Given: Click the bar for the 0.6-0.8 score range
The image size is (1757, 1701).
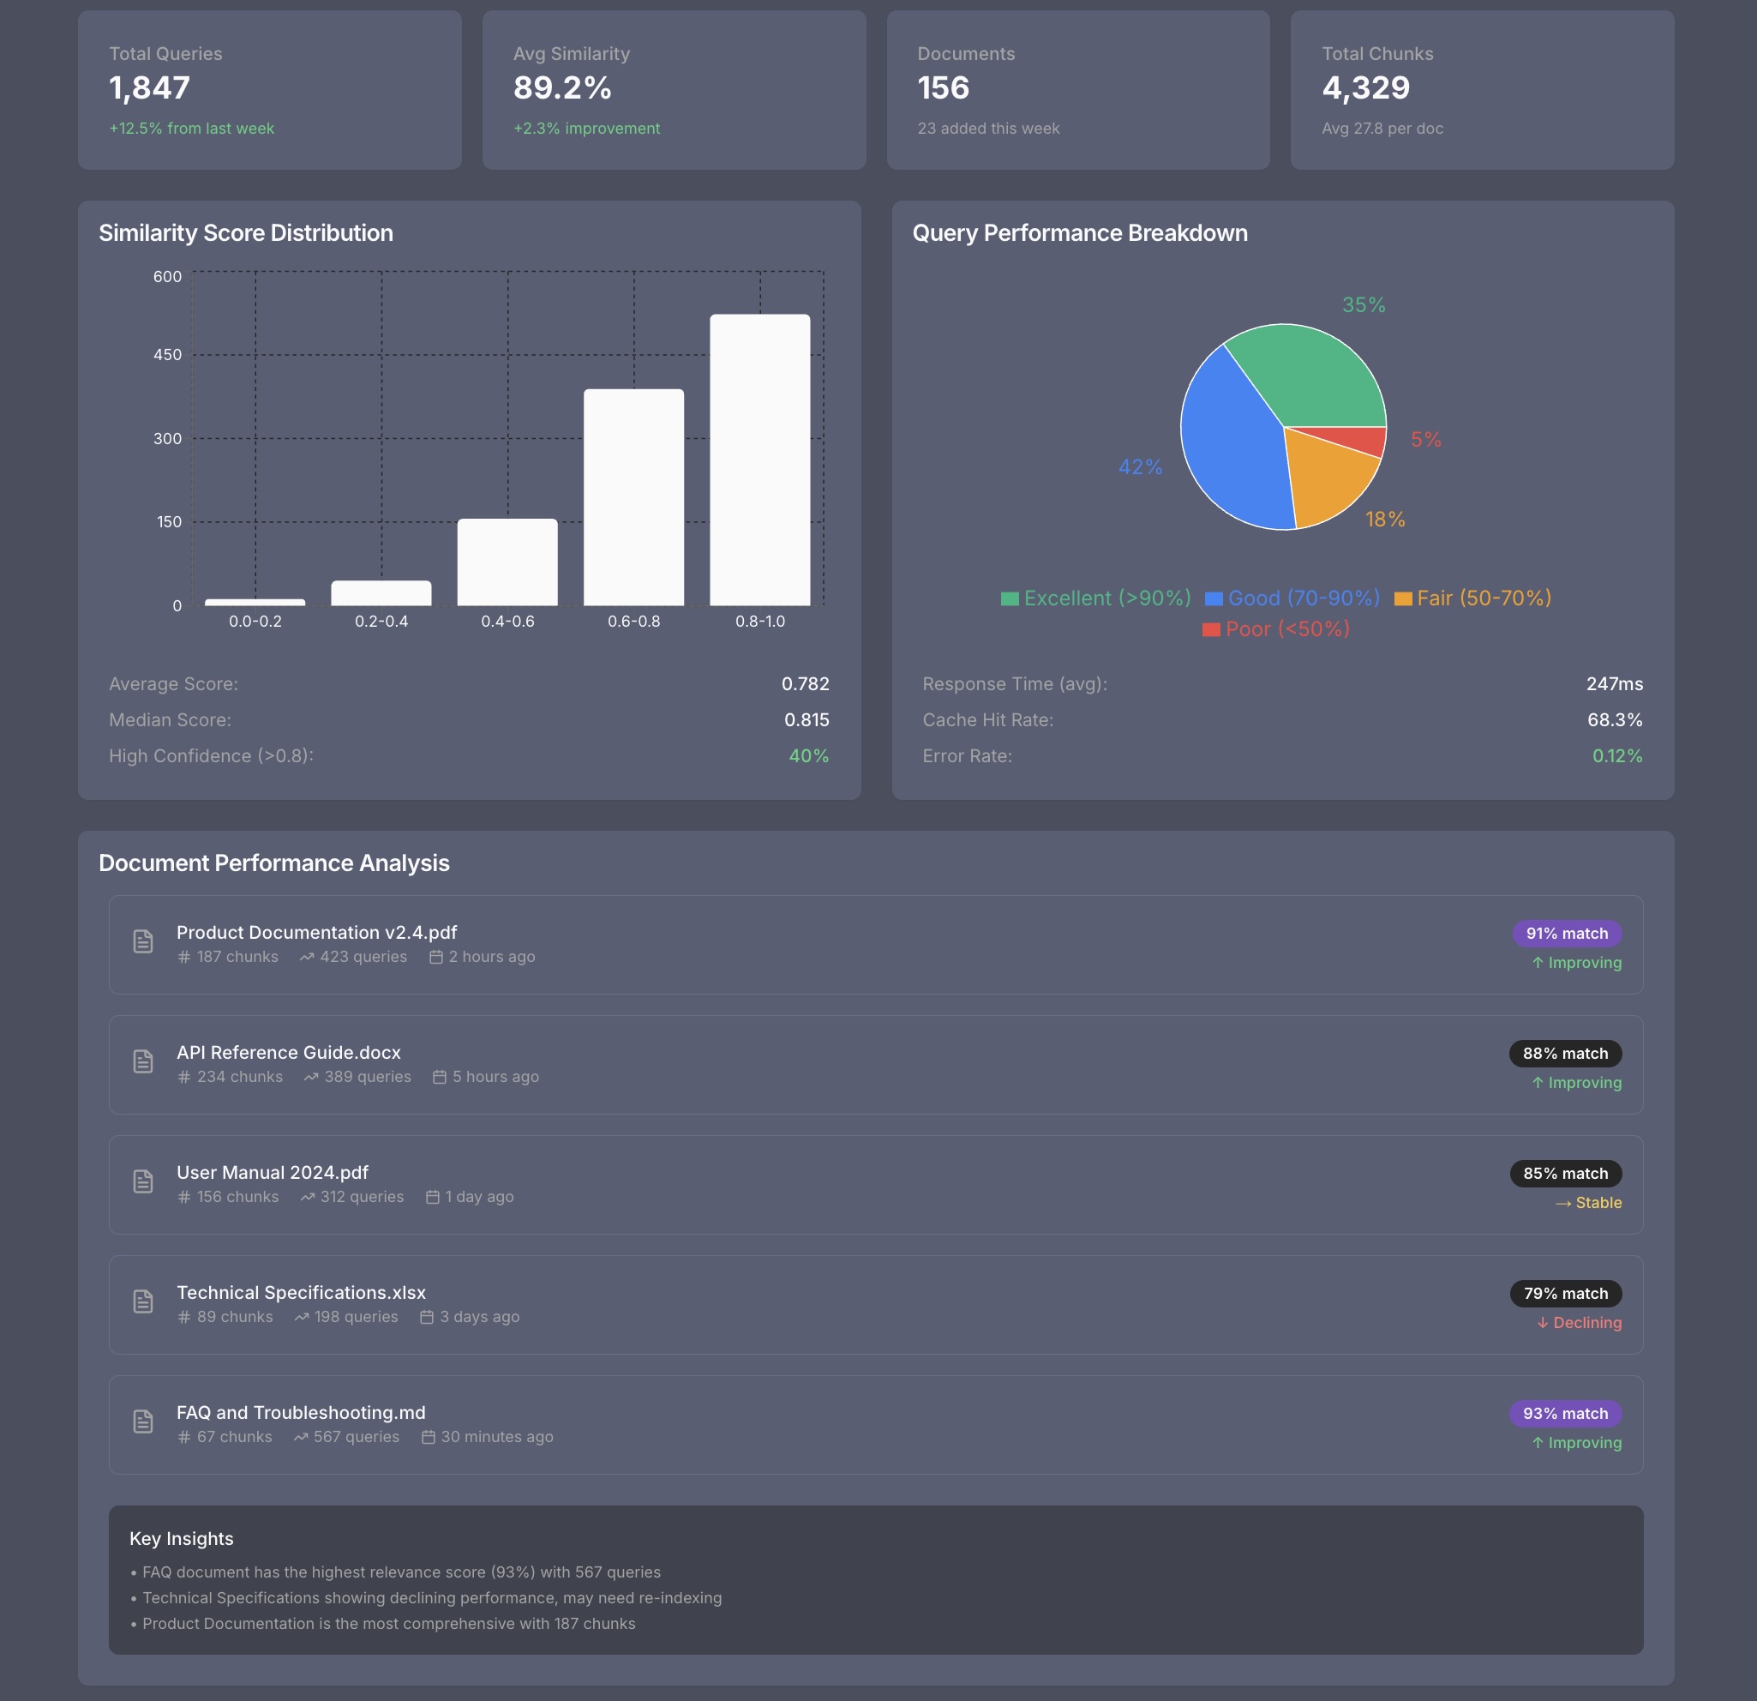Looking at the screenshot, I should (x=633, y=496).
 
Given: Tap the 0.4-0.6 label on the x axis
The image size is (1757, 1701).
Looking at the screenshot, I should (x=507, y=622).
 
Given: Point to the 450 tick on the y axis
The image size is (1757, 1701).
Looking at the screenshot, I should (x=168, y=355).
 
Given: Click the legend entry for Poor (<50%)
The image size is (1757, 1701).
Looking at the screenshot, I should (x=1275, y=629).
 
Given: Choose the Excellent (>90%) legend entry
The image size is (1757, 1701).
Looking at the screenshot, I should (x=1095, y=598).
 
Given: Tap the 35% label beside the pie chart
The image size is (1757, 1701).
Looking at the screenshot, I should (x=1364, y=306).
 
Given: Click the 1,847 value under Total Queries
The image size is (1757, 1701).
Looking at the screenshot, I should (x=150, y=87).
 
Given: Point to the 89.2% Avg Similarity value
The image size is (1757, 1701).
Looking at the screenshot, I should (x=562, y=87).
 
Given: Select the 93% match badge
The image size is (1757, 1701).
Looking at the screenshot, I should (x=1565, y=1413).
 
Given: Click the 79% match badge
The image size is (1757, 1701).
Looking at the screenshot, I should (x=1565, y=1293).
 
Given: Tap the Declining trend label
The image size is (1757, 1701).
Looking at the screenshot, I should (x=1579, y=1323).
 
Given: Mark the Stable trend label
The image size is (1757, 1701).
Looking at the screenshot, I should (x=1588, y=1203).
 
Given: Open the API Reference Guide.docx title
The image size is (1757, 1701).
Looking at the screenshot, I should (x=289, y=1053).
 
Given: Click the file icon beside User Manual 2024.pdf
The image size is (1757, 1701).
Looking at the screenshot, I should (x=143, y=1181).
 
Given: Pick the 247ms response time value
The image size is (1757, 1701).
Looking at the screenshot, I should (x=1614, y=684).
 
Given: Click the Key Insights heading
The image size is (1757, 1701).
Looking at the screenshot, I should (x=181, y=1539).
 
